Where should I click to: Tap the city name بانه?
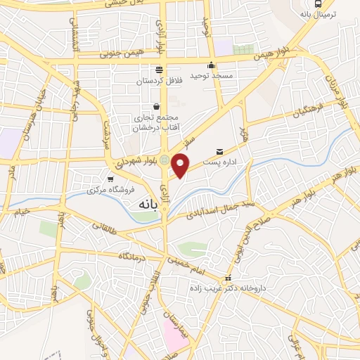[141, 204]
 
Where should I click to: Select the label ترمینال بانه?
[318, 15]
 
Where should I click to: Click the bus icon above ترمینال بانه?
[304, 3]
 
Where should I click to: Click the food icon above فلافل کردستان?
[158, 70]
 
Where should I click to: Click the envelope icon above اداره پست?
[220, 151]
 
